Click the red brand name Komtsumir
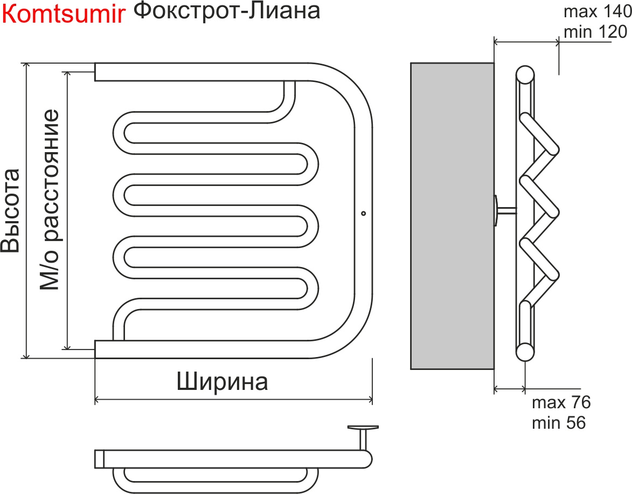(64, 16)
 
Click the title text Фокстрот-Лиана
(226, 11)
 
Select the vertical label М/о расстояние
(49, 200)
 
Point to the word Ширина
(222, 382)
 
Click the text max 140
(595, 11)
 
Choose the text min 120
(595, 32)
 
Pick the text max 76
(561, 402)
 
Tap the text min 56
(558, 423)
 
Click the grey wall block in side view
(452, 216)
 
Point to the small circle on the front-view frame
(363, 213)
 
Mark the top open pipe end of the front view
(96, 72)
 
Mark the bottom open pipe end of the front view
(96, 349)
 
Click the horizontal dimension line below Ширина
(233, 400)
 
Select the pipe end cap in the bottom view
(99, 458)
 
